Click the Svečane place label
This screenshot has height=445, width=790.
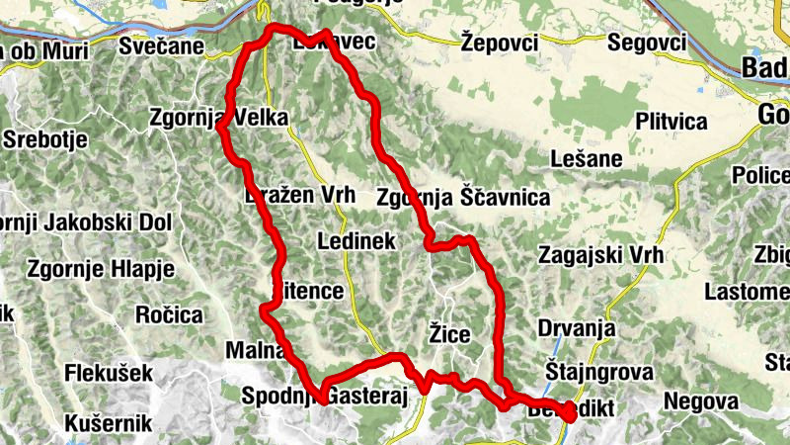coord(162,45)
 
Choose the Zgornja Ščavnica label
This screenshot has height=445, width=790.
coord(463,198)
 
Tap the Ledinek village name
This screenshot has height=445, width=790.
coord(356,240)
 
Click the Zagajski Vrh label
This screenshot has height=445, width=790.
coord(602,254)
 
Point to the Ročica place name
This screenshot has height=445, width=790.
coord(169,315)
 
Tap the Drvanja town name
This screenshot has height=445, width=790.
coord(577,328)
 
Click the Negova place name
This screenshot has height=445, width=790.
coord(701,400)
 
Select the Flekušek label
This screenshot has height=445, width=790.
coord(109,374)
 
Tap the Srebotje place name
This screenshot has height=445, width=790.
coord(47,139)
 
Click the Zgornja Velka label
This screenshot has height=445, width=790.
coord(218,119)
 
